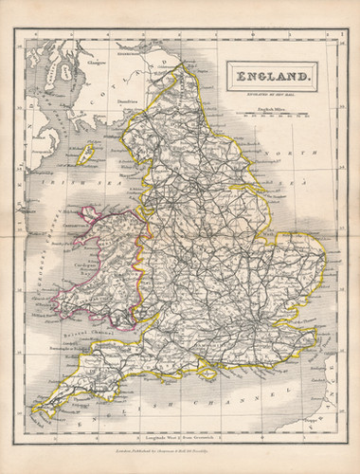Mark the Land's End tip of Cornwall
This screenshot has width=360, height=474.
point(32,414)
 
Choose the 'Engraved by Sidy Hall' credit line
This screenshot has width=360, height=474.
point(270,97)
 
